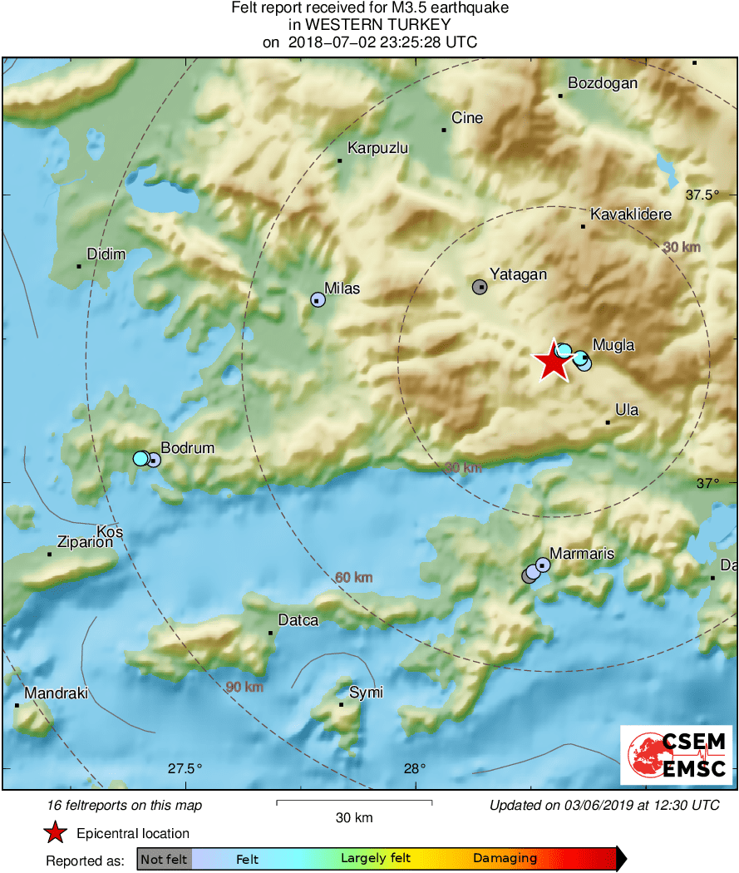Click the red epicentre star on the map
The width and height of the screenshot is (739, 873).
pyautogui.click(x=550, y=362)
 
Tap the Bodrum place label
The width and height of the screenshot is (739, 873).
pyautogui.click(x=187, y=448)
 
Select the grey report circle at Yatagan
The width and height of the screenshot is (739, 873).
pyautogui.click(x=480, y=287)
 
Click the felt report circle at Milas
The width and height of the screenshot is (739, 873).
pyautogui.click(x=318, y=299)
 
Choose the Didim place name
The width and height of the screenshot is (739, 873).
pyautogui.click(x=106, y=254)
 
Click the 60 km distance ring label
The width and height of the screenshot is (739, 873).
pyautogui.click(x=353, y=578)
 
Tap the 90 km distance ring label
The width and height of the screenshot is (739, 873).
pyautogui.click(x=244, y=687)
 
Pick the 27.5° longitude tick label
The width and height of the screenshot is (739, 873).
pyautogui.click(x=185, y=768)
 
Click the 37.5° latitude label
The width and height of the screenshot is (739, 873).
pyautogui.click(x=702, y=195)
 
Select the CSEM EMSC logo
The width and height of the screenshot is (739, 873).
pyautogui.click(x=676, y=754)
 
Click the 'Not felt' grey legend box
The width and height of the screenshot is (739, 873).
pyautogui.click(x=164, y=859)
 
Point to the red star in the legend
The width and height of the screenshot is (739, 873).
pyautogui.click(x=55, y=833)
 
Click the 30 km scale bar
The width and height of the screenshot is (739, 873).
pyautogui.click(x=353, y=802)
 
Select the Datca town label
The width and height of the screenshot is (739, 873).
pyautogui.click(x=298, y=620)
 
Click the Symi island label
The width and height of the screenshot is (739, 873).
pyautogui.click(x=366, y=693)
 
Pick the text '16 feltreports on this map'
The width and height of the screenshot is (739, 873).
pyautogui.click(x=125, y=805)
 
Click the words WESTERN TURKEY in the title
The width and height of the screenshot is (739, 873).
pyautogui.click(x=370, y=25)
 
